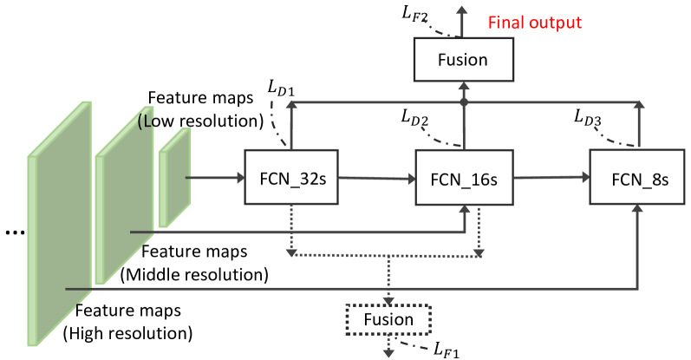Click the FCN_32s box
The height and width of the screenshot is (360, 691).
click(291, 177)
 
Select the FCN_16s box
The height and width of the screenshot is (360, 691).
click(465, 177)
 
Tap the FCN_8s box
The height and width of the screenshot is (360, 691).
click(637, 177)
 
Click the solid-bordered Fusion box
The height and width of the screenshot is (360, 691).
click(464, 60)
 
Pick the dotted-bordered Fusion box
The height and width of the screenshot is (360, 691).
click(388, 319)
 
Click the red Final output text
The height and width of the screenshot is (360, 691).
click(535, 22)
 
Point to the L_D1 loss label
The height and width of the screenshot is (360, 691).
click(281, 88)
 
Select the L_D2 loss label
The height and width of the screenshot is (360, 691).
click(414, 117)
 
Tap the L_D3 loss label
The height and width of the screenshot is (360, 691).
click(588, 117)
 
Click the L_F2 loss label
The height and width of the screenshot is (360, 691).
click(414, 13)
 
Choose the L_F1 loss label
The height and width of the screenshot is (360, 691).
click(447, 350)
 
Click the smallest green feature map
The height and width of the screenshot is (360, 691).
click(174, 177)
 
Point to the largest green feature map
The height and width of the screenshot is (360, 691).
click(60, 224)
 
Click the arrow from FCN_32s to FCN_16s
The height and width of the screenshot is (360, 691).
click(377, 178)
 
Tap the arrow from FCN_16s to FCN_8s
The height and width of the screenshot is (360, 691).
click(551, 177)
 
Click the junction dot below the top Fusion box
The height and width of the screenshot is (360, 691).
click(464, 102)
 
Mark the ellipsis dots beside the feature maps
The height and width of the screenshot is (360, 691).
click(15, 232)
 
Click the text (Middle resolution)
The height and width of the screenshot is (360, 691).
click(194, 274)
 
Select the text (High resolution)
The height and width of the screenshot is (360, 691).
click(127, 333)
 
